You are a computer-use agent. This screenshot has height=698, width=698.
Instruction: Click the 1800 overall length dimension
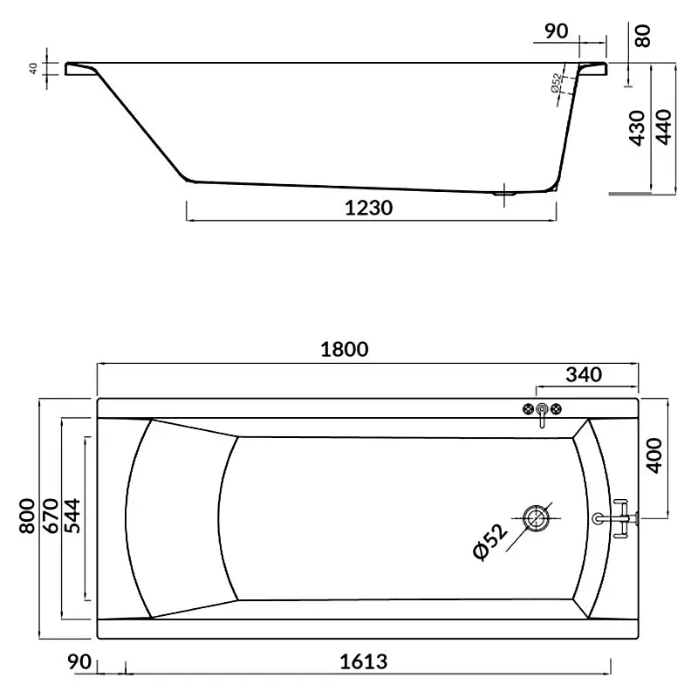(x=345, y=350)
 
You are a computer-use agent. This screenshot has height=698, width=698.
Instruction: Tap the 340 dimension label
(x=584, y=375)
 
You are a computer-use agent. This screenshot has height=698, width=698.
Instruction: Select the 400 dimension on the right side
(x=654, y=455)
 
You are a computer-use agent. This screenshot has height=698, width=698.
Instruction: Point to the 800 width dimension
(x=27, y=516)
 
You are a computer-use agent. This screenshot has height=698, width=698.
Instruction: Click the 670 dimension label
(x=51, y=516)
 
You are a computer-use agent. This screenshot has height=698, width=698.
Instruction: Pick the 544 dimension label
(x=72, y=516)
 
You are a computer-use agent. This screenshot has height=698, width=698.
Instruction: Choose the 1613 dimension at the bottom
(x=364, y=662)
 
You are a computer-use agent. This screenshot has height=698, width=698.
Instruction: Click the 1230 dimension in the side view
(x=368, y=208)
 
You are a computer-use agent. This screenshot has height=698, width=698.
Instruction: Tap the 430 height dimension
(x=637, y=127)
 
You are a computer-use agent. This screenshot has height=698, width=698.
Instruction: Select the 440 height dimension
(x=663, y=127)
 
